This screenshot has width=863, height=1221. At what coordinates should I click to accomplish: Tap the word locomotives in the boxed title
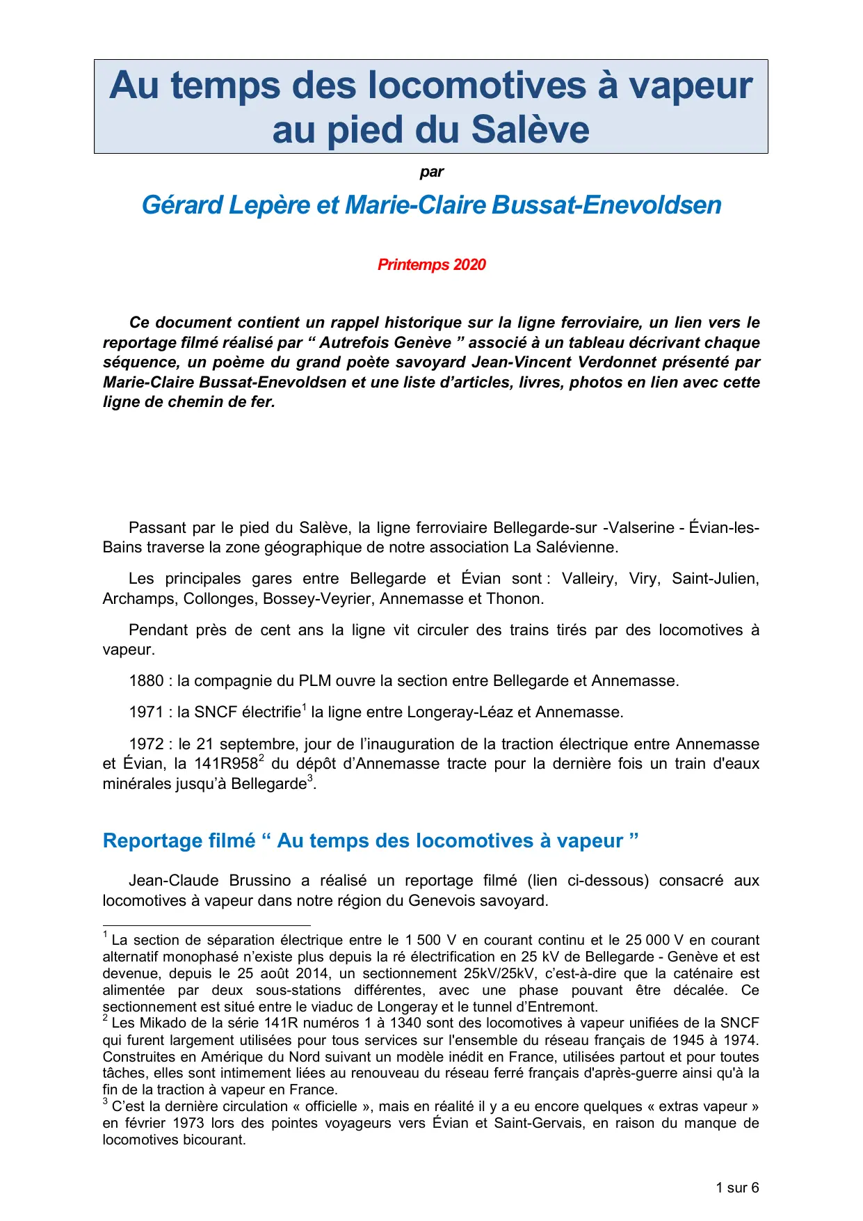[x=476, y=86]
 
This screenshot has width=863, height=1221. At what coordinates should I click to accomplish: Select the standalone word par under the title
[x=431, y=172]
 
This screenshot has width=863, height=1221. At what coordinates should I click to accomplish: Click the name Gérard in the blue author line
[x=182, y=205]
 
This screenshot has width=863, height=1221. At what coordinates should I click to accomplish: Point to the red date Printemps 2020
[x=431, y=265]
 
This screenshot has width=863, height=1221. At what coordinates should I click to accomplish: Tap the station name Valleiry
[x=590, y=579]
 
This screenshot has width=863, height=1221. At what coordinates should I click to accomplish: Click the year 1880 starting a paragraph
[x=146, y=681]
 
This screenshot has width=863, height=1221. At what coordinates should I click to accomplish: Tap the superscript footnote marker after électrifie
[x=304, y=708]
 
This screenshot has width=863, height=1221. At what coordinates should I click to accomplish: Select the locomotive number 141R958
[x=225, y=764]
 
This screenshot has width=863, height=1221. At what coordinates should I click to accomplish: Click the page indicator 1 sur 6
[x=737, y=1188]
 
